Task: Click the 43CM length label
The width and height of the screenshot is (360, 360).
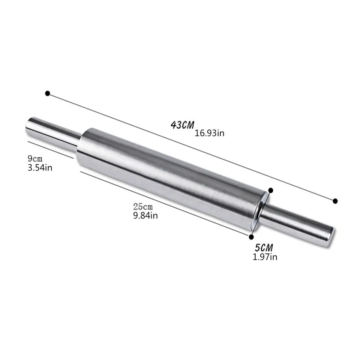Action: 182,125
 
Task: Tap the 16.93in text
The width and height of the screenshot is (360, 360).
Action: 209,133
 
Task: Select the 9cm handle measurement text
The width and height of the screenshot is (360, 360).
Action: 35,158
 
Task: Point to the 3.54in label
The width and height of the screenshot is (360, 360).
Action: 40,168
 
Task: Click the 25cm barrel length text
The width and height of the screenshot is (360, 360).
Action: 143,207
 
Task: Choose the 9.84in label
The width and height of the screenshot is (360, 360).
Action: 145,216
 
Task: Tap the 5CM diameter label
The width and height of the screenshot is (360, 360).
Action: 264,247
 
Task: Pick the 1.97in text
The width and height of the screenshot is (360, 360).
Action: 265,257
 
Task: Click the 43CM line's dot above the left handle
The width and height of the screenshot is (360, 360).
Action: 47,93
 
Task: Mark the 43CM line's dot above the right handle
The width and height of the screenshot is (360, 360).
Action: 335,201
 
